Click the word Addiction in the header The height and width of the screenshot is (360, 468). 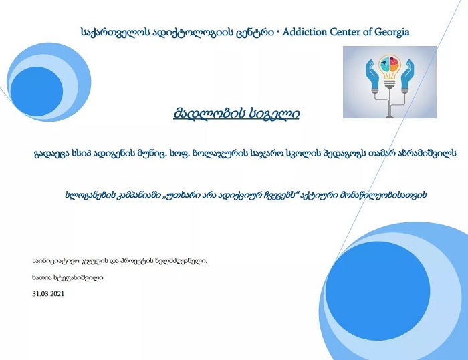[x=304, y=32]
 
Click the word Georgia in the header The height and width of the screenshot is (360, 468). [x=392, y=33]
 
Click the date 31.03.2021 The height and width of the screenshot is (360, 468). [x=48, y=293]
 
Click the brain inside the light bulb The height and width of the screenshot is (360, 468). [x=390, y=64]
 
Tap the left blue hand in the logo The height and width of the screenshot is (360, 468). [x=372, y=75]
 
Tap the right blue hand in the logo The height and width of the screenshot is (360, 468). [x=407, y=75]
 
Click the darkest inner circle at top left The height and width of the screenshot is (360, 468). [x=36, y=92]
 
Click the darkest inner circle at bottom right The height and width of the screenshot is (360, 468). [x=378, y=291]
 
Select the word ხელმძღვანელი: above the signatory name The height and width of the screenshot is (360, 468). [x=181, y=261]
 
